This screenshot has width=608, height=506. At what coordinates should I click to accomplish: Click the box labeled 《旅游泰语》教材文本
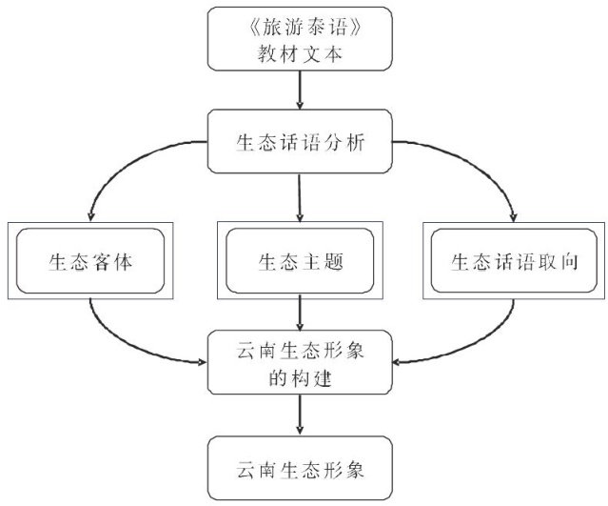[300, 39]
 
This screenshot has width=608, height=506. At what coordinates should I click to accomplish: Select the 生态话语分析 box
[300, 141]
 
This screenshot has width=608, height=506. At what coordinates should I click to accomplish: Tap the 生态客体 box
[90, 260]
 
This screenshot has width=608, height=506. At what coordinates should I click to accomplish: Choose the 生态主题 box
[300, 260]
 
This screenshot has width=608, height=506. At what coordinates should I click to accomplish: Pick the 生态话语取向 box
[514, 260]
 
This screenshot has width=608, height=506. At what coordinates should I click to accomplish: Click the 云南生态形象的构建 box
[300, 362]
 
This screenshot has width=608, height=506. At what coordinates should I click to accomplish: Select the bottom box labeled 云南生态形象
[300, 468]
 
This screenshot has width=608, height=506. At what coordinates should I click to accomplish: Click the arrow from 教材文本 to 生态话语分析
[300, 91]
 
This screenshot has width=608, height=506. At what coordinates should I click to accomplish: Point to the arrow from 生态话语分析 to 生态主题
[300, 197]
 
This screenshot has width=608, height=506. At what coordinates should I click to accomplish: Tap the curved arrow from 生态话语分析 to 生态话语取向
[471, 161]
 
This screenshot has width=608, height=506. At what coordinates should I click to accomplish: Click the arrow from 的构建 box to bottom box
[300, 415]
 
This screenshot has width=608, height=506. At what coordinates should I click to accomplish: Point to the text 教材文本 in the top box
[300, 53]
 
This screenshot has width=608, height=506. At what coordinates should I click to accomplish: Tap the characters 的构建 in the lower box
[300, 378]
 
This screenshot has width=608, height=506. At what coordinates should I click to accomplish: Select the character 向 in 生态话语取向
[569, 261]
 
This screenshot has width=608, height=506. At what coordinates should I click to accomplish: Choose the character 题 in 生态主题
[334, 261]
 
